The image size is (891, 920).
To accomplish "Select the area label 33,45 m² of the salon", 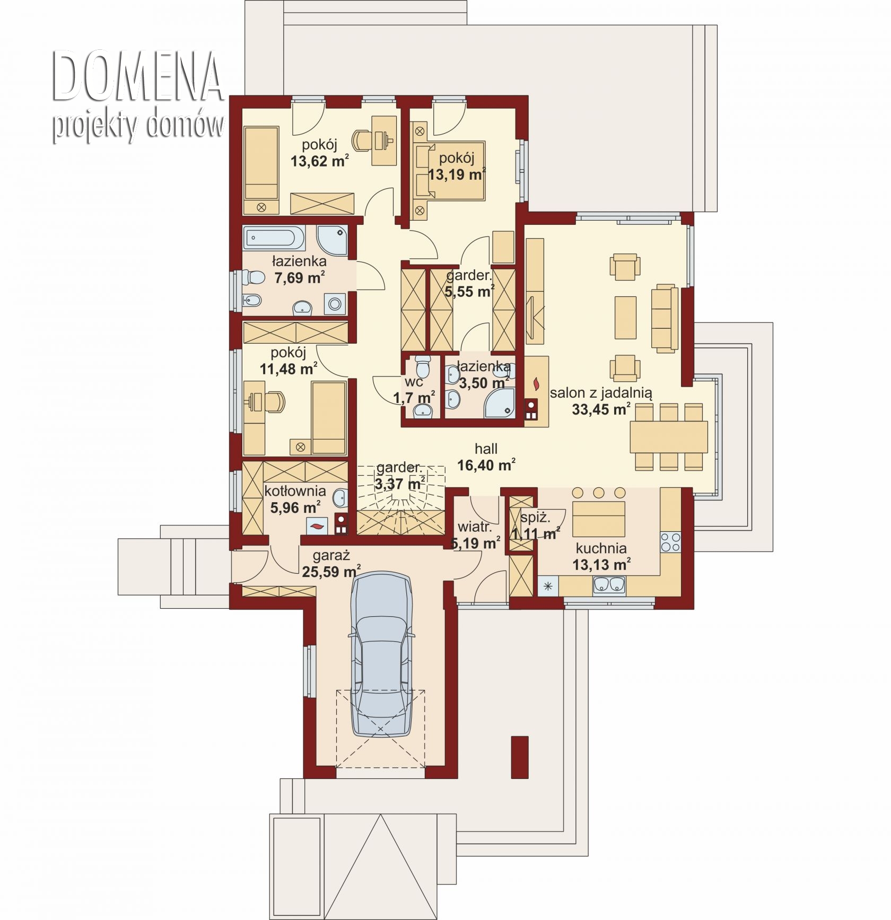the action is tap(601, 409).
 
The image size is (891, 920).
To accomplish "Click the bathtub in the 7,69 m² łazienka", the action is tap(274, 238).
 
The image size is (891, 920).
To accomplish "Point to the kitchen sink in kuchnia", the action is tap(609, 585).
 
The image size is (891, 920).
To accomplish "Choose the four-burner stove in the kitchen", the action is tap(670, 542).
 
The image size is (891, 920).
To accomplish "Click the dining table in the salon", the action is tap(669, 436).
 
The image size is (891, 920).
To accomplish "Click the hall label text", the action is tap(486, 449).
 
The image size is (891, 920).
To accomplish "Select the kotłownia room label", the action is tap(295, 491).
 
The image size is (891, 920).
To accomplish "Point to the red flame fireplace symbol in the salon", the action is tap(536, 382).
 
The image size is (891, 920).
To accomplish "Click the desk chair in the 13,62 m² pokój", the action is tap(364, 139).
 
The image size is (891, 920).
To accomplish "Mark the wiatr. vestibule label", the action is tap(475, 527).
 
